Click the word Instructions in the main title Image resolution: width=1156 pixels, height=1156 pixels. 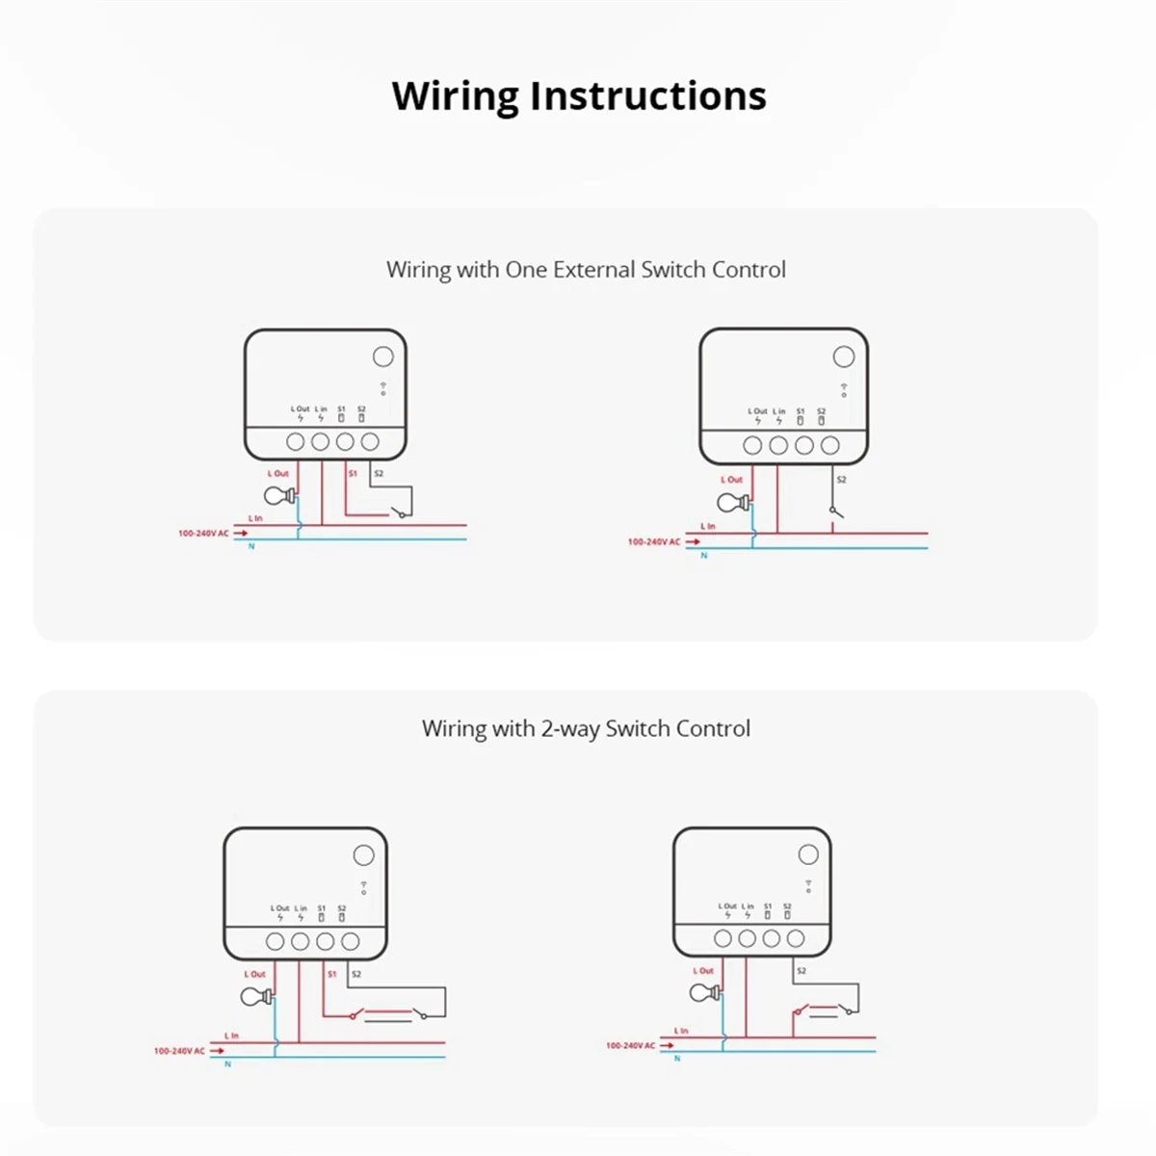point(647,96)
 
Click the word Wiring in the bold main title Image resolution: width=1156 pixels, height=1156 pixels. point(455,96)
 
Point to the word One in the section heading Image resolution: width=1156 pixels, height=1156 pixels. point(526,270)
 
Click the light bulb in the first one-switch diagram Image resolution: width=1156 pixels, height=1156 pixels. point(277,496)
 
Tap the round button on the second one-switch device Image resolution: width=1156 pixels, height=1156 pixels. point(844,357)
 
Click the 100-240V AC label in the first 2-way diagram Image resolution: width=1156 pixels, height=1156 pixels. point(179,1051)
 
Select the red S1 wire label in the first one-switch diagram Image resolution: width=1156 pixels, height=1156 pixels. point(353,474)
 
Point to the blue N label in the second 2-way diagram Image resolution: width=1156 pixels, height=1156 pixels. point(677,1059)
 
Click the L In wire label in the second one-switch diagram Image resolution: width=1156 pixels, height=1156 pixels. point(708,526)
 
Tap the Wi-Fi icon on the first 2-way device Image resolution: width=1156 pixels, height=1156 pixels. point(363,886)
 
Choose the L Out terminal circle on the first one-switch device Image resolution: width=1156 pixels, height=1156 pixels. point(296,442)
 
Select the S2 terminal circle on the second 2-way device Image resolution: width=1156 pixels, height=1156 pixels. point(796,938)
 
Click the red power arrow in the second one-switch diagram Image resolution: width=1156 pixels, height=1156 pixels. point(693,542)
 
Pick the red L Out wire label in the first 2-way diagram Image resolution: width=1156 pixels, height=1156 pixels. point(254,974)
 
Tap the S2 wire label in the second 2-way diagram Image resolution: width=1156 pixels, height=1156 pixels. point(801,971)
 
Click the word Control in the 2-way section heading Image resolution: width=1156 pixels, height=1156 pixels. point(713,729)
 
